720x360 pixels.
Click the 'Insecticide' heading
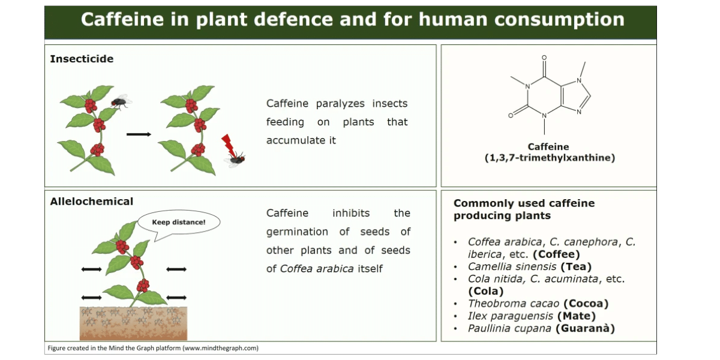point(82,59)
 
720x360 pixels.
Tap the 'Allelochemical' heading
point(92,202)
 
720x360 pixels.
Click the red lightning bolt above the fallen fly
point(228,145)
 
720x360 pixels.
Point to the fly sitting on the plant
point(121,101)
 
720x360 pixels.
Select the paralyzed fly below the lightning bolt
point(235,159)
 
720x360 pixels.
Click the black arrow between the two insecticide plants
point(139,134)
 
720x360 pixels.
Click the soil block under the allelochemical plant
point(133,323)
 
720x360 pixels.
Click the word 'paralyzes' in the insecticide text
point(340,104)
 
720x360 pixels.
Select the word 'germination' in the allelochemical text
point(297,232)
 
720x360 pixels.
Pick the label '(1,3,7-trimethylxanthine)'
point(550,158)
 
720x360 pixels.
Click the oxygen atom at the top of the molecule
point(544,58)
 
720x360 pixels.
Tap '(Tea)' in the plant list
point(576,267)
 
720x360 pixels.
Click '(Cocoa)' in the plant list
point(586,304)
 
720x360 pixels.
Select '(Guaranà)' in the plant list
point(585,329)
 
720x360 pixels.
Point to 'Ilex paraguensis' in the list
point(511,316)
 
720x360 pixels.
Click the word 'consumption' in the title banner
point(559,20)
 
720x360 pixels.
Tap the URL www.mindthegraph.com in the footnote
point(220,348)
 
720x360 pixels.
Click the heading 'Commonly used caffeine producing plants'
point(524,209)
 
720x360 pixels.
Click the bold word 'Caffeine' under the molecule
point(548,147)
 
